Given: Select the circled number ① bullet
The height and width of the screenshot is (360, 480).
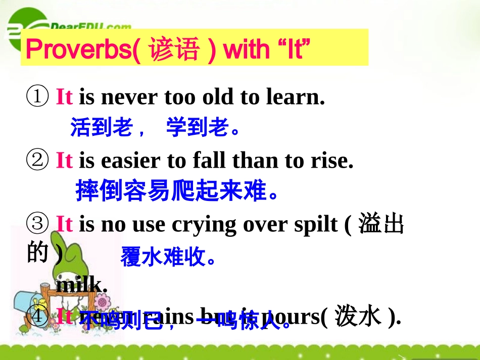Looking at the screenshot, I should point(37,96).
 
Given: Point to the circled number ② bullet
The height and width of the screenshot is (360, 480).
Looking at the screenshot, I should point(37,161).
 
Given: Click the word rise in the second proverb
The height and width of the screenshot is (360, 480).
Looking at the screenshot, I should point(331,161).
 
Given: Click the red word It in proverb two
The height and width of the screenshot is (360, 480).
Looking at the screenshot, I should point(64,161).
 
